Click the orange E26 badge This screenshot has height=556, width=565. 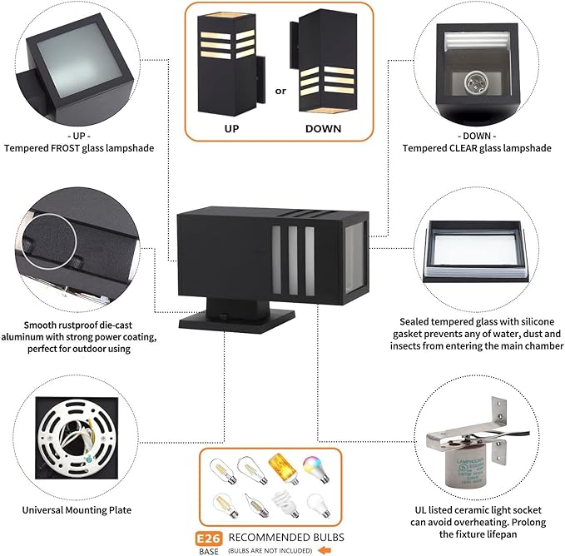click(x=209, y=537)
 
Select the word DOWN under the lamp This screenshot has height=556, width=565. click(x=324, y=129)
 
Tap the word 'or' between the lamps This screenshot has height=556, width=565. click(x=280, y=91)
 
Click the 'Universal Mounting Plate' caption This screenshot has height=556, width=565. click(x=78, y=510)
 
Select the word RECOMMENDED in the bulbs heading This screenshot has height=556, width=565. click(x=265, y=537)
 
